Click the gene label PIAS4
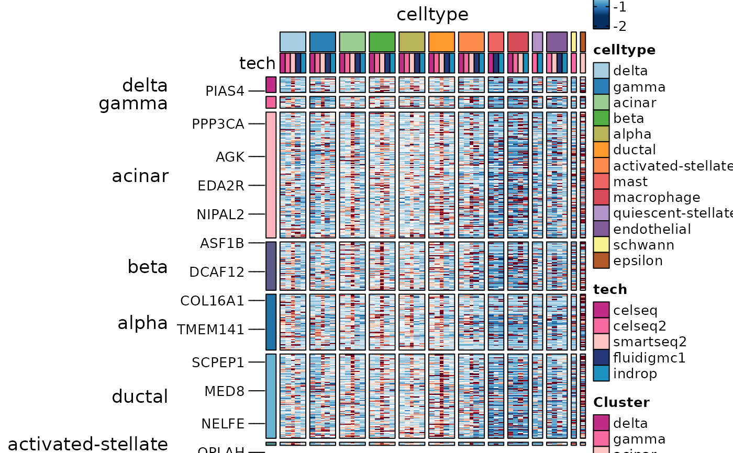pos(225,91)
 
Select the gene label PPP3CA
pos(218,124)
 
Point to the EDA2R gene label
pos(220,186)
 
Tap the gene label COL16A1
pos(212,301)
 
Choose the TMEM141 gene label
pos(210,330)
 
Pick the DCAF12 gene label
pos(217,272)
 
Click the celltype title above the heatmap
pos(432,14)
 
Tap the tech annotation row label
pos(257,63)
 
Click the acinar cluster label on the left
pos(140,176)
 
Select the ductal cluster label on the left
pos(140,397)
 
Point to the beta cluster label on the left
pos(148,267)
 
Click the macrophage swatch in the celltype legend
pos(601,198)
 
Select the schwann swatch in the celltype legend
pos(601,245)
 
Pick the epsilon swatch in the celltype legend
pos(601,261)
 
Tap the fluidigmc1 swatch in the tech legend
pos(601,358)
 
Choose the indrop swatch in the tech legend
pos(601,373)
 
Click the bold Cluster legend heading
pos(621,402)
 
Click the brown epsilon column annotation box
pos(583,42)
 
